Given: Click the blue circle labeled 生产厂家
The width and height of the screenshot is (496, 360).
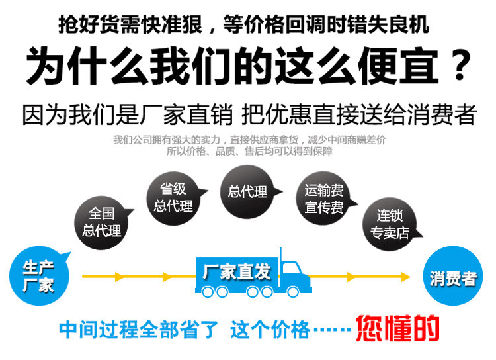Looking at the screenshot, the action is [x=38, y=276].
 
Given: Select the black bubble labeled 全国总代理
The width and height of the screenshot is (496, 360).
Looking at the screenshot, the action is [x=101, y=221].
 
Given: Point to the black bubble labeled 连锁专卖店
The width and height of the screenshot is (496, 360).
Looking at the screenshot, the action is [x=390, y=224].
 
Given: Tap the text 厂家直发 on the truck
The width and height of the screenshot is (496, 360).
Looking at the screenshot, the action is [x=236, y=271].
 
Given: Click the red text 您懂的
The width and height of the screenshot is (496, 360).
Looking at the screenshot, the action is [x=397, y=328].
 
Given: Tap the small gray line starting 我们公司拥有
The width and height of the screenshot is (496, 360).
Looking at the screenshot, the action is [x=249, y=140].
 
